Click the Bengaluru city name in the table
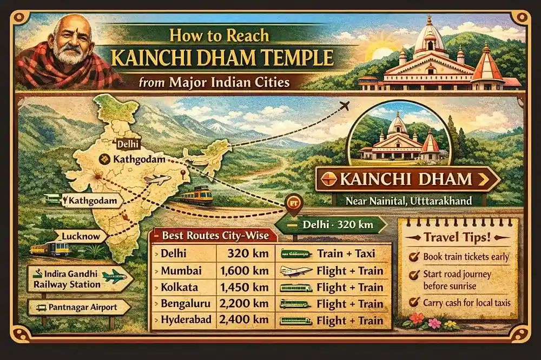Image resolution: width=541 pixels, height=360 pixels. click(x=183, y=304)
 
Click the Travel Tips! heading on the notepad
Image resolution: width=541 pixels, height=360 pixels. click(x=458, y=236)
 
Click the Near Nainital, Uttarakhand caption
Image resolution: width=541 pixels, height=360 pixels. click(x=408, y=201)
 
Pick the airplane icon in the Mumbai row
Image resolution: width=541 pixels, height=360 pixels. click(x=295, y=271)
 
